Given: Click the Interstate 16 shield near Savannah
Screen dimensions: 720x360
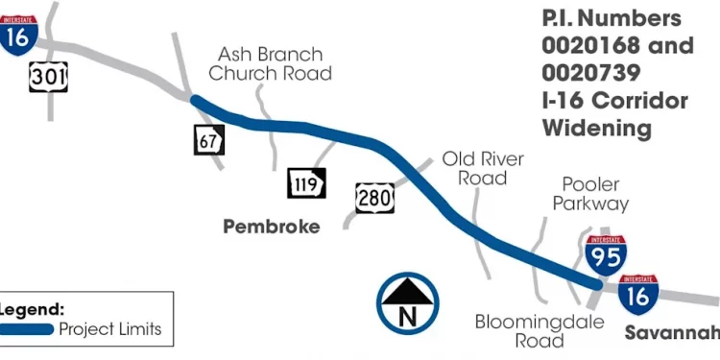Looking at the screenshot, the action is point(638,295).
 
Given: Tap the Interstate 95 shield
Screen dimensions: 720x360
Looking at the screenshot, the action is point(606,255).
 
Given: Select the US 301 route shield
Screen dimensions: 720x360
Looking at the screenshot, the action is point(48,77).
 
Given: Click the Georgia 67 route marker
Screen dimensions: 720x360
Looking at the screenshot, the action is point(209,139).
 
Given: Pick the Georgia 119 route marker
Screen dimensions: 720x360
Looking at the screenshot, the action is point(306,183).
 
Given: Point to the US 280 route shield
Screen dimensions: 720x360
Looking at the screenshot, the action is point(374,199).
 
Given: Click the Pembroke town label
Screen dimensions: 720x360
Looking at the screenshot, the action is point(272,227).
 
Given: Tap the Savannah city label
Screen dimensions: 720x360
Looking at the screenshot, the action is point(672,333).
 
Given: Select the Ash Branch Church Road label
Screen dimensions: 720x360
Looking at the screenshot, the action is point(270,63).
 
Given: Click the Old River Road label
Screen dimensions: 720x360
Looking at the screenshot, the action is point(483,169).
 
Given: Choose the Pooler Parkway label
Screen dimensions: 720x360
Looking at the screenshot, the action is point(590,194).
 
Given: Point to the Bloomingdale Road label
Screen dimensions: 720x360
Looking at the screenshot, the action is point(540,331).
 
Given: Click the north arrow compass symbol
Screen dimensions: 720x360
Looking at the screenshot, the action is point(407,303).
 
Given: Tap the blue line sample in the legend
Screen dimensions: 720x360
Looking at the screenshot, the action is point(26,329).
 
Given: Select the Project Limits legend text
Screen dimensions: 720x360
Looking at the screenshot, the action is point(110,329).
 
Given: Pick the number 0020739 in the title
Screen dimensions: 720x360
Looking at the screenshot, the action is point(591,73).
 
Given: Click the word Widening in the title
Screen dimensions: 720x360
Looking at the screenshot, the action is point(597,128).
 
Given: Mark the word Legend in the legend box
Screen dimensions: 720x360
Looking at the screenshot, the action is point(32,309).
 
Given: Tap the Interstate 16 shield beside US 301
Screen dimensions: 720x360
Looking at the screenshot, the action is point(18,36).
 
